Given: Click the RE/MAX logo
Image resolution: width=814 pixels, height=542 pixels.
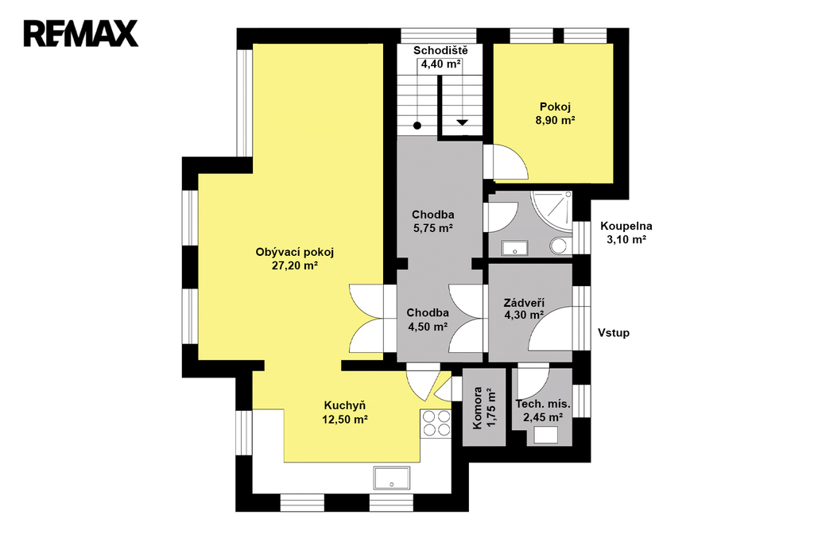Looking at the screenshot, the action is (81, 33).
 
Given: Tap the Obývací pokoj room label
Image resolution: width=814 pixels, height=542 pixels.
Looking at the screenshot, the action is (294, 252).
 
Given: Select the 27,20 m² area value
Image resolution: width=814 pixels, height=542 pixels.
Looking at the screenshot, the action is (295, 265).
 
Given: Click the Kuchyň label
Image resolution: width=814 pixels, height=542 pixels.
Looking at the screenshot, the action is (345, 405).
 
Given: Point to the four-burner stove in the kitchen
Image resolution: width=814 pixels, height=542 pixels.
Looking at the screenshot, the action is (436, 423).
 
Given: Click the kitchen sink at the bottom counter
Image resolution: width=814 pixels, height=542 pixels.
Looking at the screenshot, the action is (391, 478).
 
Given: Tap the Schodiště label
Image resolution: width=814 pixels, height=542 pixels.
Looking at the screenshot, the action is (440, 50).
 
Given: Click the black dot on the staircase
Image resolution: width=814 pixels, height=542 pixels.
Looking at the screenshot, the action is (417, 125).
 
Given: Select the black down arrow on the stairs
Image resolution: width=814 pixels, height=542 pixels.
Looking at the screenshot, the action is (462, 122).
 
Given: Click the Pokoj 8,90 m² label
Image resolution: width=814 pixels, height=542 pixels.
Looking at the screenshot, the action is (556, 114).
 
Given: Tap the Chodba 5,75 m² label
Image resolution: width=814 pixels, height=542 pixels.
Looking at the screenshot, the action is (433, 221).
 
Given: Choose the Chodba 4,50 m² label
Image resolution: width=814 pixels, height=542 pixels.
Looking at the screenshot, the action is (427, 319).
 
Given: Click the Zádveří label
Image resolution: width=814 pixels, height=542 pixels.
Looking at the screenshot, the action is (524, 304).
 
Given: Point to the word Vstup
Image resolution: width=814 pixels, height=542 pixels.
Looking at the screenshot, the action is (614, 333).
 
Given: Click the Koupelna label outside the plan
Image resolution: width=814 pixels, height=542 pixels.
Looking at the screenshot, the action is (626, 226).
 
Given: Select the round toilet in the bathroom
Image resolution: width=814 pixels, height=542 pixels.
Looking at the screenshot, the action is (560, 246).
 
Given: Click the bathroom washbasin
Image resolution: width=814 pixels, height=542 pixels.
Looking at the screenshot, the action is (514, 248).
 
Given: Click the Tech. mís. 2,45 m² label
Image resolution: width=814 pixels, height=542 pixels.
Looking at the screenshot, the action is (543, 411).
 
